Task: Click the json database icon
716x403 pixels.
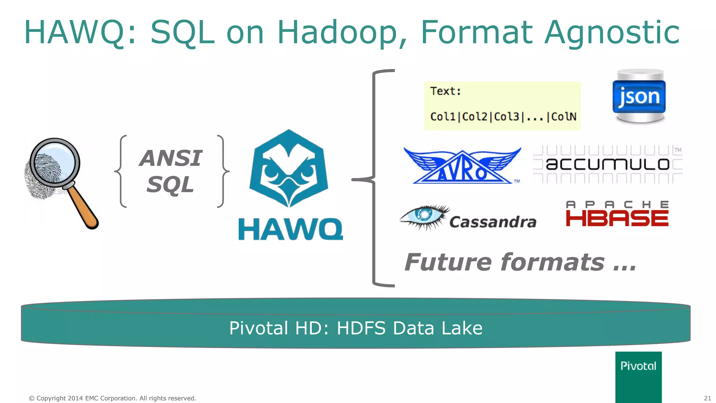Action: tap(639, 96)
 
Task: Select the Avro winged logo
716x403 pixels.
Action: tap(462, 165)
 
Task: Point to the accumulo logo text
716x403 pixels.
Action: tap(608, 164)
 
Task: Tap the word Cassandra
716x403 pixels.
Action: tap(493, 222)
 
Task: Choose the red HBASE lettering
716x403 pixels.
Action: tap(617, 218)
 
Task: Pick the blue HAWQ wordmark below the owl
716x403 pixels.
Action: tap(291, 229)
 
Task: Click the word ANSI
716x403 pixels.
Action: tap(171, 158)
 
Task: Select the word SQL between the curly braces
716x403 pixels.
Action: tap(170, 184)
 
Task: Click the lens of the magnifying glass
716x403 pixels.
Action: tap(55, 162)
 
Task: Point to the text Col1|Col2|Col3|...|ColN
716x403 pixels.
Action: tap(503, 116)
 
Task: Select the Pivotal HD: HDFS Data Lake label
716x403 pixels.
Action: tap(356, 328)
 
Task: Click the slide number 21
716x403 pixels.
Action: tap(707, 398)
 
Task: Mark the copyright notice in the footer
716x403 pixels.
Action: tap(112, 398)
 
